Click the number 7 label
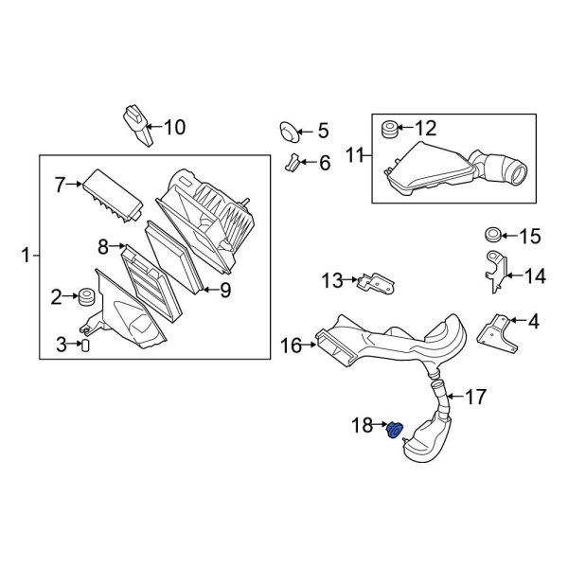pyautogui.click(x=60, y=184)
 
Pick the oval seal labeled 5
pyautogui.click(x=289, y=130)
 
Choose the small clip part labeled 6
pyautogui.click(x=293, y=163)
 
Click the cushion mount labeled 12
pyautogui.click(x=387, y=128)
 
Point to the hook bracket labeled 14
pyautogui.click(x=492, y=270)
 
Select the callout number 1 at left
pyautogui.click(x=27, y=254)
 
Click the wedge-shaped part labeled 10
pyautogui.click(x=136, y=125)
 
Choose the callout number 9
pyautogui.click(x=225, y=291)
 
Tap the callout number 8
pyautogui.click(x=103, y=248)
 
